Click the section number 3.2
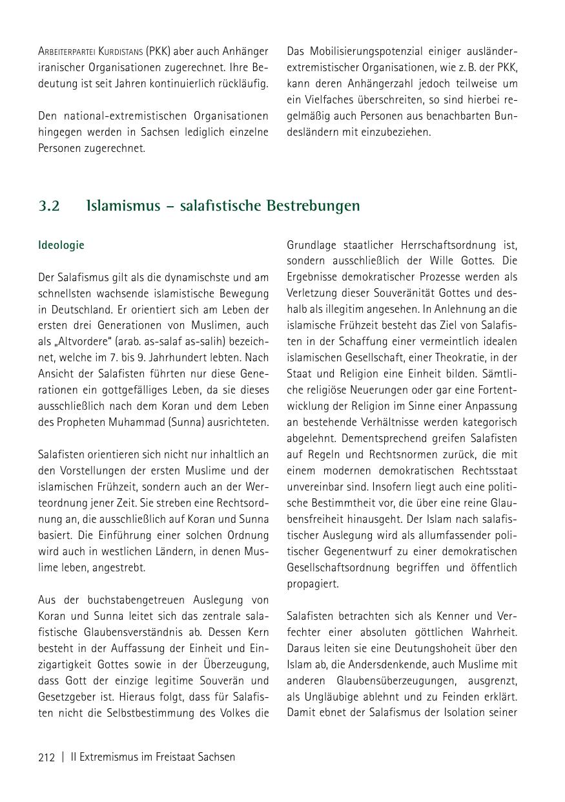(49, 206)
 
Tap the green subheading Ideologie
(61, 246)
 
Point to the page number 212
(46, 757)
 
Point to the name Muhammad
(131, 423)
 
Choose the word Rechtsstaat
(489, 471)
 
